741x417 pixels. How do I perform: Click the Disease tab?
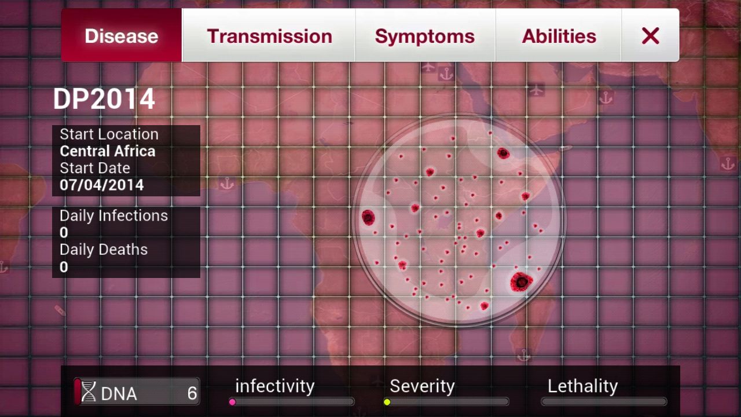click(122, 35)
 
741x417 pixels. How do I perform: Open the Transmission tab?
click(269, 35)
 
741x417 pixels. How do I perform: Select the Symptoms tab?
click(425, 35)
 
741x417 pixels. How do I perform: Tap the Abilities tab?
click(559, 35)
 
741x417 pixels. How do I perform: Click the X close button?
click(650, 35)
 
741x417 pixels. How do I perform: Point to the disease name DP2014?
click(104, 98)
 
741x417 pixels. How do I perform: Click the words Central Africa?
click(108, 151)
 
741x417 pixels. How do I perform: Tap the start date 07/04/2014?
click(101, 185)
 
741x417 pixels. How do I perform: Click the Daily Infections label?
click(114, 216)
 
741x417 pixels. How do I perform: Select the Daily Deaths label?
click(104, 250)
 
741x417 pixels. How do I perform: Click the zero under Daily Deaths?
click(64, 267)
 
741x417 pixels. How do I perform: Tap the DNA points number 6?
click(192, 393)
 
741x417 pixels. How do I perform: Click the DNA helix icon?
click(89, 392)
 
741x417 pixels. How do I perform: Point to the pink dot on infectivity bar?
click(232, 402)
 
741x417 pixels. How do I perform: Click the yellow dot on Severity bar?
click(387, 402)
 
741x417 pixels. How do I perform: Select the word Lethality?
click(582, 386)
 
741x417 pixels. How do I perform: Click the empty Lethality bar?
click(604, 402)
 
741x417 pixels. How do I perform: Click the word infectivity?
click(275, 386)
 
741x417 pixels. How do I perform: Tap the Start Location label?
click(109, 134)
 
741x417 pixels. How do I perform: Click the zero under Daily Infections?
click(64, 233)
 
